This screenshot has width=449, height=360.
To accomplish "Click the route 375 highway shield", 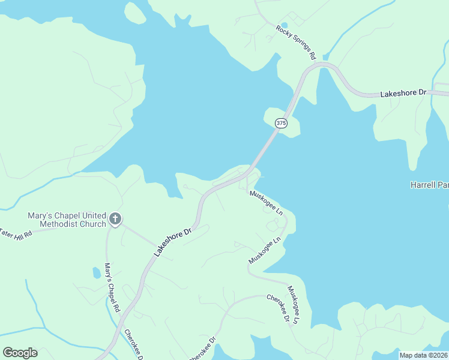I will (281, 122).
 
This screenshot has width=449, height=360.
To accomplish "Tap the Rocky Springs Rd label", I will (296, 42).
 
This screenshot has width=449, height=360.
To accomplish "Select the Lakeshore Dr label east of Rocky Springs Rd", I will (403, 94).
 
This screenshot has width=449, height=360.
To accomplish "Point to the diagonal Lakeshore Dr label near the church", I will (172, 242).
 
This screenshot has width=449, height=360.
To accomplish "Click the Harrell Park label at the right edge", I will (429, 185).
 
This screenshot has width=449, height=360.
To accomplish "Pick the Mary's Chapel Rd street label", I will (112, 286).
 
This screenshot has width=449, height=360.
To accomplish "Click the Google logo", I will (20, 353).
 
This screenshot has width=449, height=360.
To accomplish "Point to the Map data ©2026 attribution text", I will (423, 355).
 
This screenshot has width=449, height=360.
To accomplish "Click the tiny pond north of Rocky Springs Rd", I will (283, 25).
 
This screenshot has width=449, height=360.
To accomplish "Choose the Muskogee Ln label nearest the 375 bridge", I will (266, 203).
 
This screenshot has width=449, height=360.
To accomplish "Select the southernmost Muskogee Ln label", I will (292, 305).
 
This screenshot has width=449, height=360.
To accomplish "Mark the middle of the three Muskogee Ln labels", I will (265, 251).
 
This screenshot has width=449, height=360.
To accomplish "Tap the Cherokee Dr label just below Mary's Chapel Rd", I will (133, 344).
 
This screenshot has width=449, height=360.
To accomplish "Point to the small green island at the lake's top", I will (135, 13).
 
